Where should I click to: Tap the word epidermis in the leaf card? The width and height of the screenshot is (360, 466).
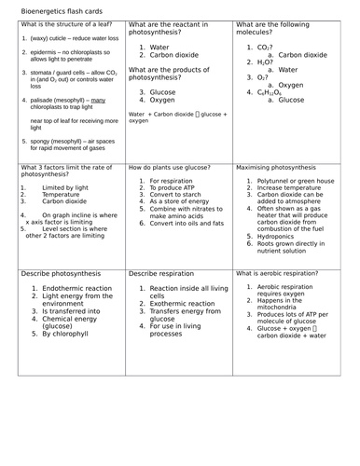(46, 53)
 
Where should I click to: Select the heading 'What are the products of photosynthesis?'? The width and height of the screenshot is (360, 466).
(175, 74)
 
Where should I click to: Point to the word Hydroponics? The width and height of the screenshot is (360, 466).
(281, 237)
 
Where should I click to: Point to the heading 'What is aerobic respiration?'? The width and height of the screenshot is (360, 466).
(277, 274)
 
